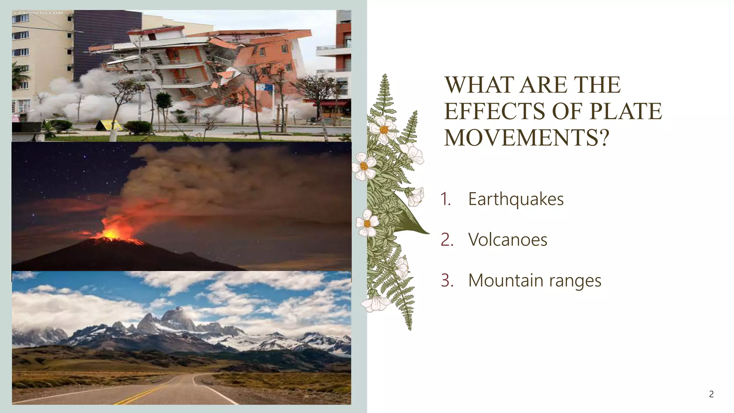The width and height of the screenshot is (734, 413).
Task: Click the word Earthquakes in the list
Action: click(516, 199)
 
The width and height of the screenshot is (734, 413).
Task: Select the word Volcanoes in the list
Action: click(507, 239)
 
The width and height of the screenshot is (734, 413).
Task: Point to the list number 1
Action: click(445, 199)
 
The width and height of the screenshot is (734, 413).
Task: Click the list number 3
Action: click(447, 280)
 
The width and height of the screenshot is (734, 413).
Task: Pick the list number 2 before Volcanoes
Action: click(447, 239)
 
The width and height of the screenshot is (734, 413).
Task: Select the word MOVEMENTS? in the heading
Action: click(526, 137)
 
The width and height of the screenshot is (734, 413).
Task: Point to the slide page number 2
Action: click(711, 394)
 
